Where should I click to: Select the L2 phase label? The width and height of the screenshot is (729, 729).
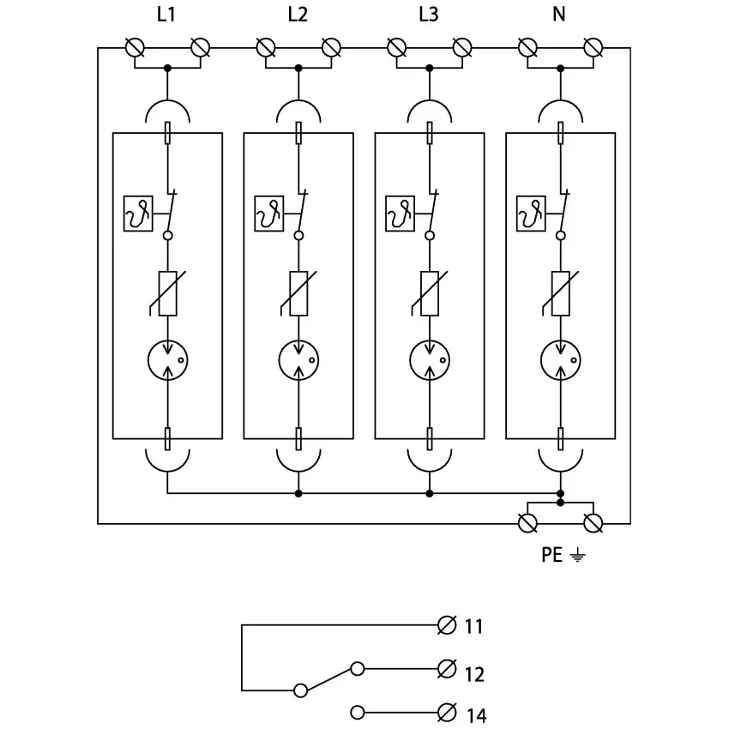298,14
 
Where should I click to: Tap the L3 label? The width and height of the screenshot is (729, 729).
429,14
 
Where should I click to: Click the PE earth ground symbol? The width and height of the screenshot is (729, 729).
579,556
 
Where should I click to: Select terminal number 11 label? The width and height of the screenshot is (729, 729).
474,627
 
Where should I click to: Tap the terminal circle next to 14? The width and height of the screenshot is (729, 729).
446,712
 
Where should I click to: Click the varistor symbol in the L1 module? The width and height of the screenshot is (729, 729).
167,294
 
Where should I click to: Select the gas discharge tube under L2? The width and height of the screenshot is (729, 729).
298,359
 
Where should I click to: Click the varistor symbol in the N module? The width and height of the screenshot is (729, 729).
560,294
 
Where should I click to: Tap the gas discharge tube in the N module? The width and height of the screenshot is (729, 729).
560,359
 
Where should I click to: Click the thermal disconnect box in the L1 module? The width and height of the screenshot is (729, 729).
137,214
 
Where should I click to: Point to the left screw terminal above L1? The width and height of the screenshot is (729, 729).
135,48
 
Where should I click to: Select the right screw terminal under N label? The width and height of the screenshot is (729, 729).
593,48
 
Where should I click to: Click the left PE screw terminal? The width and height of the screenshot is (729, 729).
527,522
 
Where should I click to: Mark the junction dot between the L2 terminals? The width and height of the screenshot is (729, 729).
298,67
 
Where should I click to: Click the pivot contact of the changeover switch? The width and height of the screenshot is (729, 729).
300,690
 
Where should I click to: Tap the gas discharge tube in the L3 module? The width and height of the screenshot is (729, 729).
430,359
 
